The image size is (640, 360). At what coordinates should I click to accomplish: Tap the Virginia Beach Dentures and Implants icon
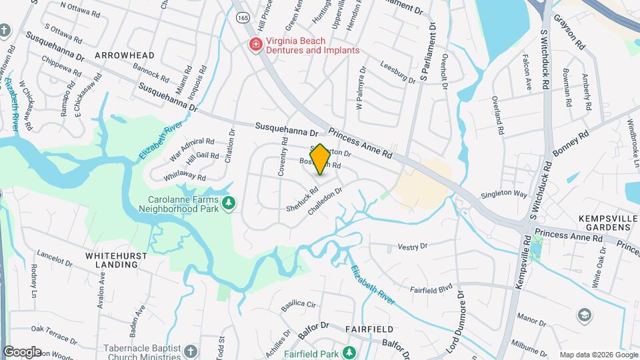click(255, 45)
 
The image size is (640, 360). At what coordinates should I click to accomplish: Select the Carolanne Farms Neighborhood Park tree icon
click(229, 202)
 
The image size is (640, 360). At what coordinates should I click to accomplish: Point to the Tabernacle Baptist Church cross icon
click(190, 351)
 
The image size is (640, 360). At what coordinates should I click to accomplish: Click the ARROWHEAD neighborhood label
click(124, 55)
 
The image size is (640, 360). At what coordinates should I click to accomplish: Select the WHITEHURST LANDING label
click(112, 259)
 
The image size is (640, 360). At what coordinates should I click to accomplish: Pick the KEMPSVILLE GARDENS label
click(595, 223)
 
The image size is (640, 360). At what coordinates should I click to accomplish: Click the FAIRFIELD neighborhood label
click(369, 329)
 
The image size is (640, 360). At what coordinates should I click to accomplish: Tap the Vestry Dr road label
click(411, 247)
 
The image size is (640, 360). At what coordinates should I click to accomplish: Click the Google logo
click(22, 351)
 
